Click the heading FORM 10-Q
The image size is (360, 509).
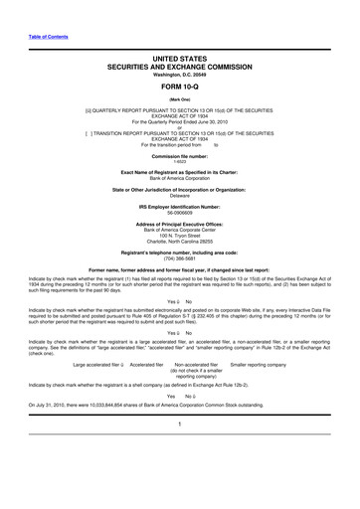tap(179, 86)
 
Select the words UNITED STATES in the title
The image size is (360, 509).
tap(179, 60)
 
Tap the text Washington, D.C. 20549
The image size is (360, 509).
tap(179, 76)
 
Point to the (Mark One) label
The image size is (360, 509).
tap(179, 100)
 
